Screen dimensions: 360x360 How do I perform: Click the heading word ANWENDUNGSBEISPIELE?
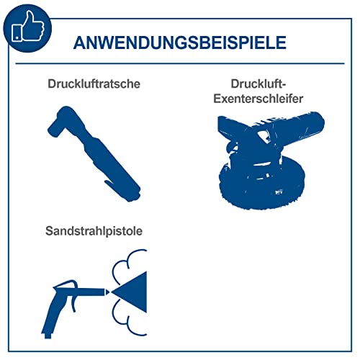(180, 41)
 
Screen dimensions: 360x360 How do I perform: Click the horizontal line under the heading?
(180, 64)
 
